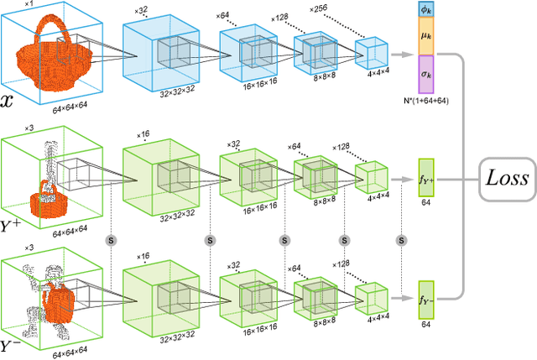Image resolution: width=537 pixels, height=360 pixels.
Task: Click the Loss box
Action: tap(503, 178)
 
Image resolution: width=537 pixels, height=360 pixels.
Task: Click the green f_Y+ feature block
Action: tap(425, 178)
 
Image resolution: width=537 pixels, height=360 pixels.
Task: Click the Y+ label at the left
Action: tap(15, 224)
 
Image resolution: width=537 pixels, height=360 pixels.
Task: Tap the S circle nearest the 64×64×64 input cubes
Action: tap(109, 239)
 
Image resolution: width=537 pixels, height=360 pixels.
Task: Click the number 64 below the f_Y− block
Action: tap(425, 324)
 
